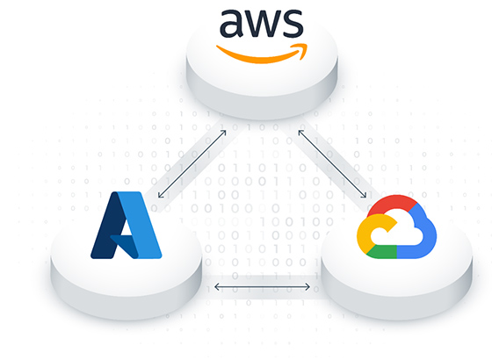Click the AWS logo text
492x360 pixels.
click(262, 24)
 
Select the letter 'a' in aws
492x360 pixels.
click(232, 24)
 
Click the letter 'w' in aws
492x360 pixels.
click(262, 24)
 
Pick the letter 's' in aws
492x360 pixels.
click(293, 24)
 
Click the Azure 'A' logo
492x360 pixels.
click(127, 225)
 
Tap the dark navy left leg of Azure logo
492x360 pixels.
click(105, 226)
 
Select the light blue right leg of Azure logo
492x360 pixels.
click(145, 225)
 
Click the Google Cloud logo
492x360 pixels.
click(396, 227)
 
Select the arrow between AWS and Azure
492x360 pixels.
click(192, 164)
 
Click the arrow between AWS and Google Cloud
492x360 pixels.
click(332, 164)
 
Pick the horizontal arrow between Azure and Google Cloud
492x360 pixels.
click(262, 286)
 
